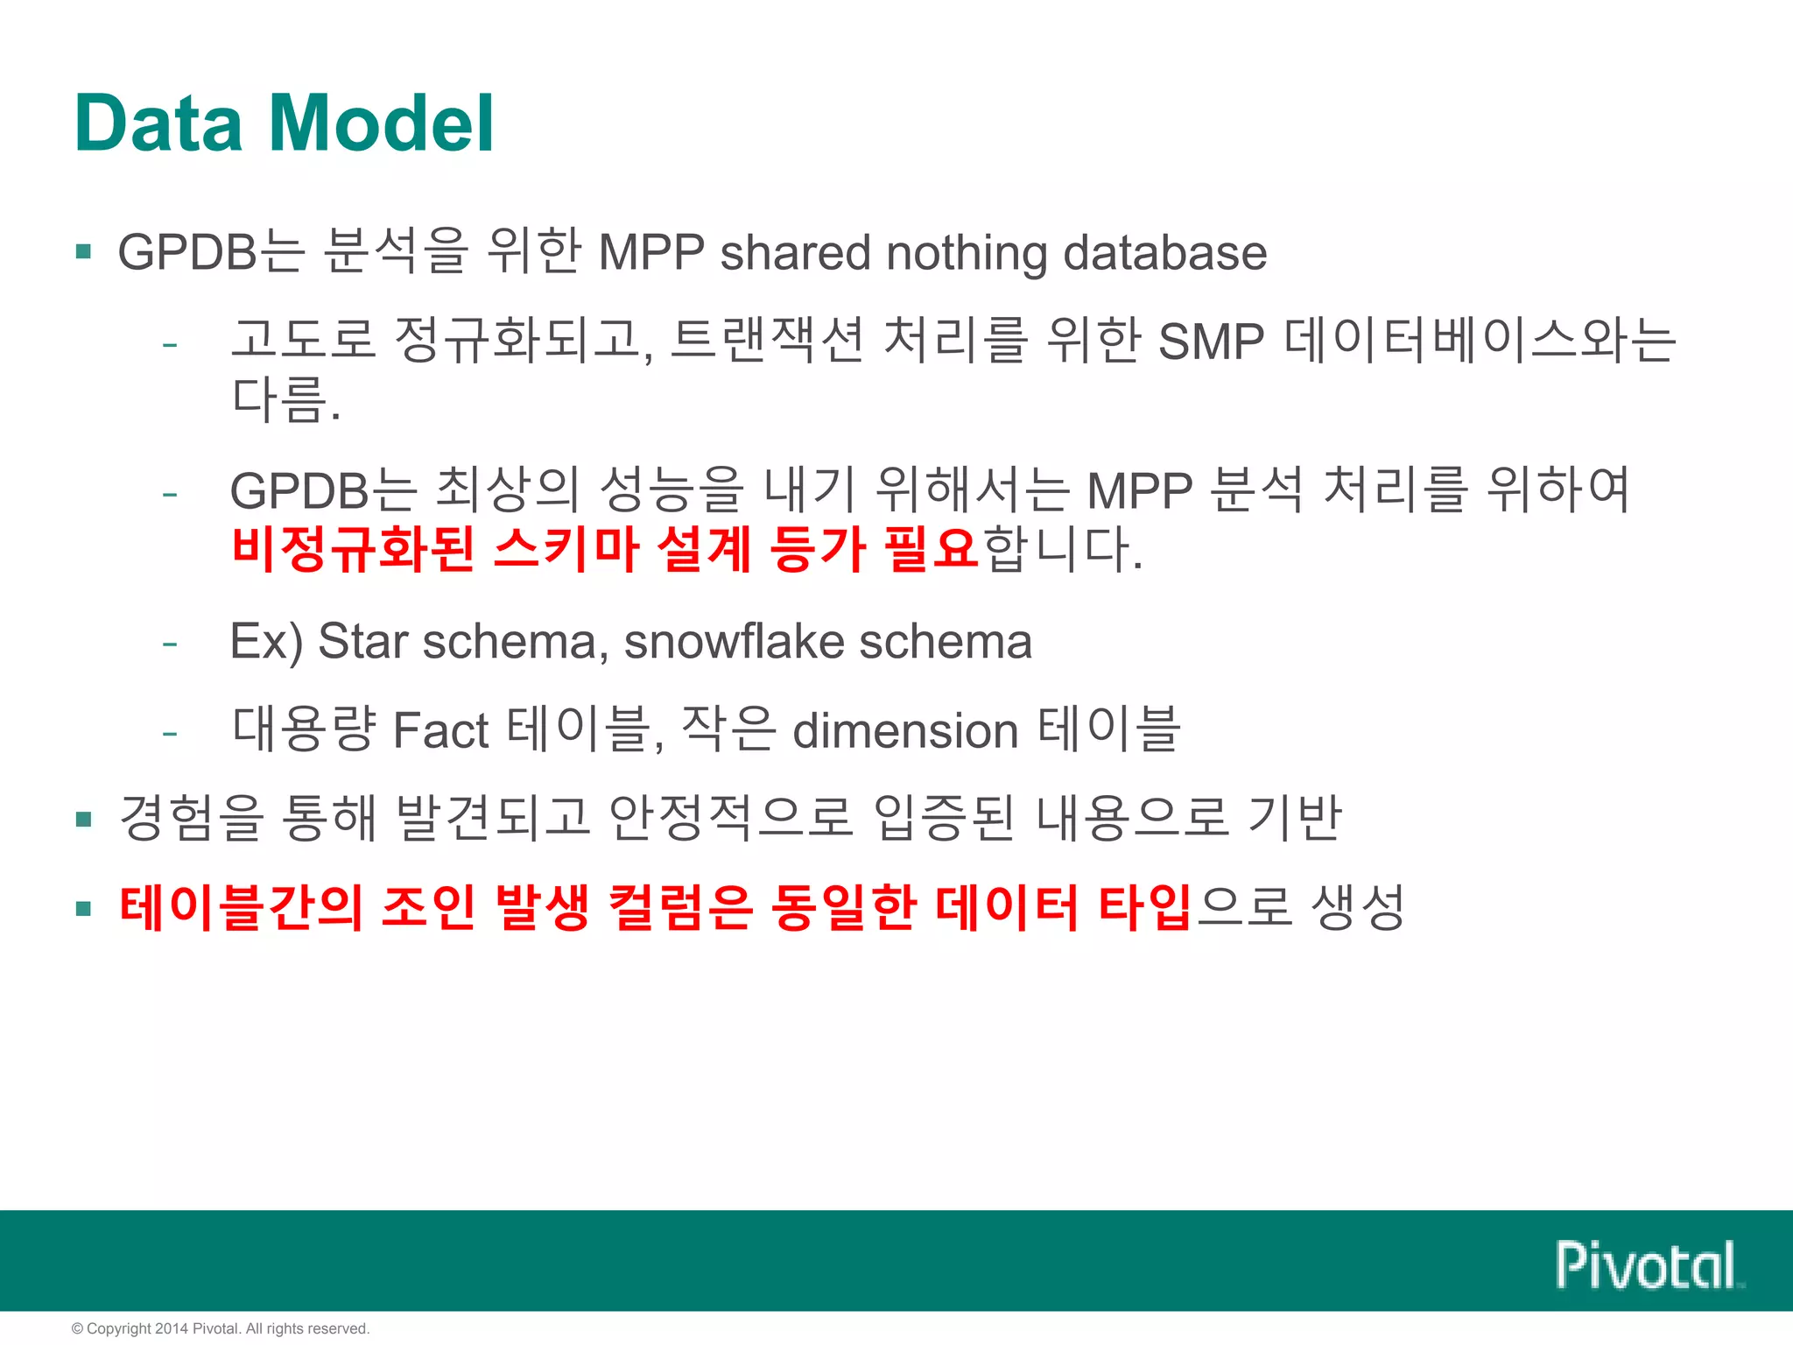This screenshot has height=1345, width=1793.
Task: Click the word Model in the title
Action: tap(381, 123)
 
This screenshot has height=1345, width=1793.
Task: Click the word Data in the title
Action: tap(158, 123)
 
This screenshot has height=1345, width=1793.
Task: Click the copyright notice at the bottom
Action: tap(221, 1328)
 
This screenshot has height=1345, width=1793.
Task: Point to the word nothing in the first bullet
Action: tap(967, 253)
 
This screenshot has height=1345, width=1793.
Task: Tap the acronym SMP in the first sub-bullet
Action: tap(1211, 342)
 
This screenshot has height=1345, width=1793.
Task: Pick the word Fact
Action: tap(440, 730)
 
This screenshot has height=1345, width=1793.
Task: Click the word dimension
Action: tap(905, 730)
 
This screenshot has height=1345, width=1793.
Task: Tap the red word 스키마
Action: tap(566, 549)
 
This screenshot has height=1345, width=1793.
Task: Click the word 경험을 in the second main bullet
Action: tap(192, 818)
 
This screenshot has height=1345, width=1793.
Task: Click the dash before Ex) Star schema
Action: tap(170, 644)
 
